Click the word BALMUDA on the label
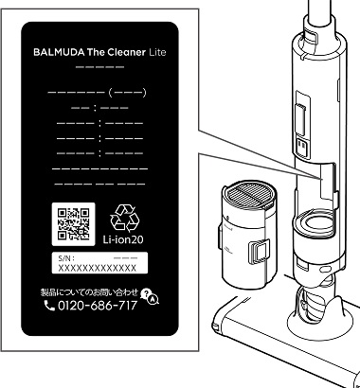pos(59,52)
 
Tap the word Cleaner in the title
pos(126,52)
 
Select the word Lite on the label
pos(157,52)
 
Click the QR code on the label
pos(73,224)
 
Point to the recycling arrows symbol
pos(123,218)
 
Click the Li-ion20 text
pos(123,239)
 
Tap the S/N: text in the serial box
pos(66,258)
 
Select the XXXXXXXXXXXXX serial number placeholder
pos(98,268)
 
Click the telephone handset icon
pos(49,306)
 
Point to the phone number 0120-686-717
pos(98,306)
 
